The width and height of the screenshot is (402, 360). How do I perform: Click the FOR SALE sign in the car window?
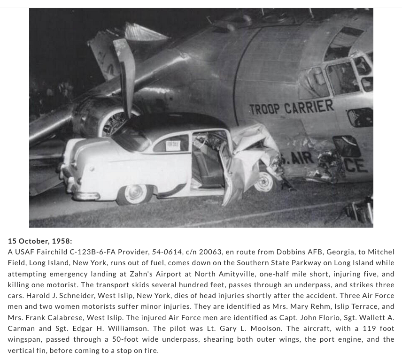click(173, 145)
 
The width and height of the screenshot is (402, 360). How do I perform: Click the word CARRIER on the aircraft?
click(310, 107)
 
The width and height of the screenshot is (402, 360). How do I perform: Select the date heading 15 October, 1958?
click(40, 241)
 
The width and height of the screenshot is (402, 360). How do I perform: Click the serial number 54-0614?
click(167, 252)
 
